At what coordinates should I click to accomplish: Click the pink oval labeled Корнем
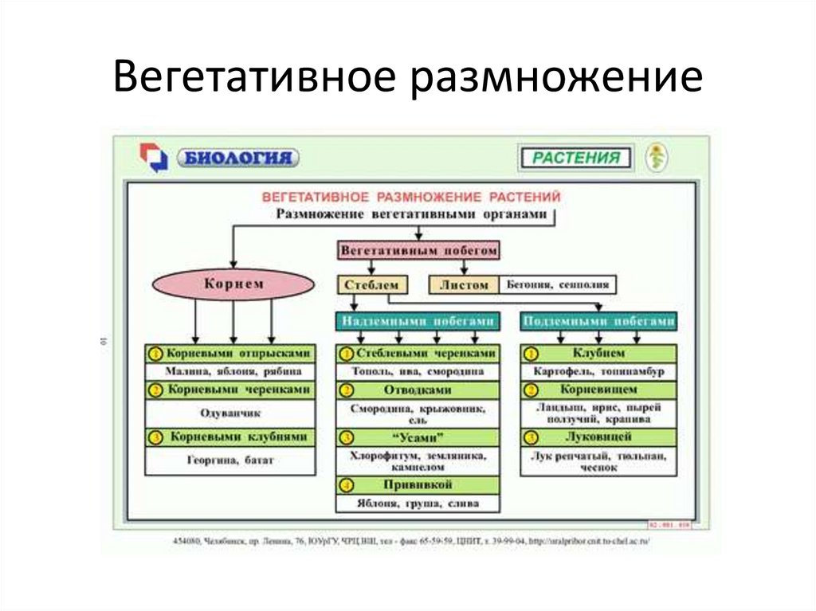[233, 284]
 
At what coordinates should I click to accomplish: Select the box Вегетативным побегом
[419, 250]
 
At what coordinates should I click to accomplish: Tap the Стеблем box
[372, 284]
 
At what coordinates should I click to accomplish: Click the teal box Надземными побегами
[419, 320]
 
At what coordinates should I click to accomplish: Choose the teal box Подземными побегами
[598, 320]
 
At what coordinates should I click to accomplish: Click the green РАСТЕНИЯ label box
[575, 158]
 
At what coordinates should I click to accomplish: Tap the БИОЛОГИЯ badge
[238, 158]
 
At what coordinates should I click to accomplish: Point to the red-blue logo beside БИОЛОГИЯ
[153, 158]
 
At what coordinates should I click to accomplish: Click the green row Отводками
[419, 390]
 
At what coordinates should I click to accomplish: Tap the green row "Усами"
[419, 437]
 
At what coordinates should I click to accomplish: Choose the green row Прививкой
[419, 484]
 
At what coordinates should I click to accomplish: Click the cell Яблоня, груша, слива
[419, 503]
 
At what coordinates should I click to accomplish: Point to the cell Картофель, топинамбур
[598, 371]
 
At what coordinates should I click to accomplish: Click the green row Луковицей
[598, 437]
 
